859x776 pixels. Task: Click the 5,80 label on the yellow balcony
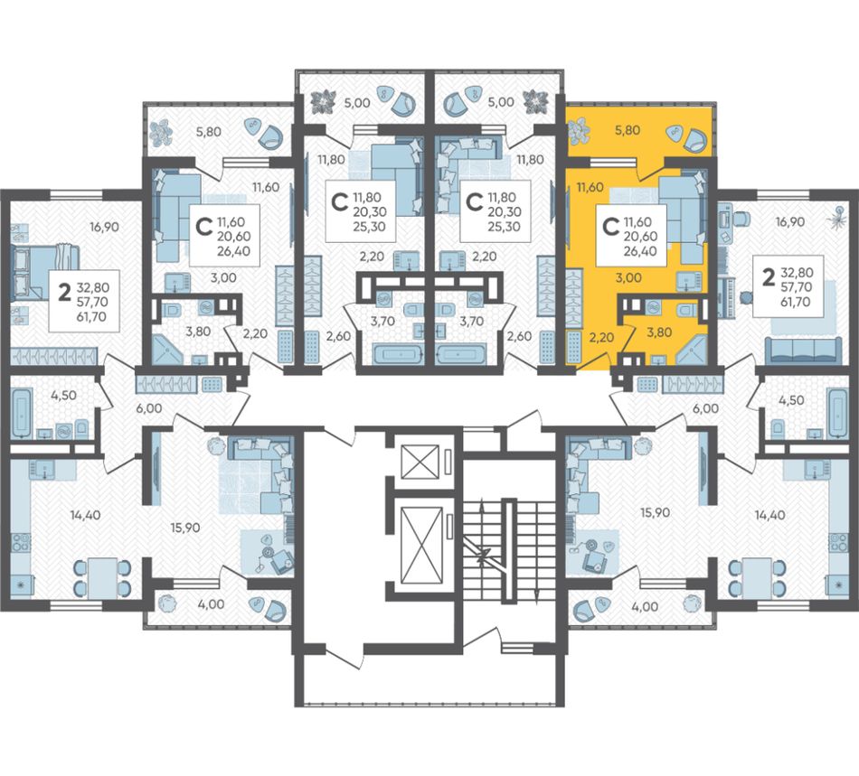click(628, 130)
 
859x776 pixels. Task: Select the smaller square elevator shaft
click(420, 462)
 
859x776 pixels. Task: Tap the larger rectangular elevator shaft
click(421, 545)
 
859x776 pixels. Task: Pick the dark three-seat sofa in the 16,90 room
click(803, 351)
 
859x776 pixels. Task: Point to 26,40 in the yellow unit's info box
click(640, 251)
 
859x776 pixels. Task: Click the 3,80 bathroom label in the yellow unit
click(659, 332)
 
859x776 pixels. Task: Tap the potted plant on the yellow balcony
click(579, 131)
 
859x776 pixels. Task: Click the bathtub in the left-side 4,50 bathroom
click(21, 413)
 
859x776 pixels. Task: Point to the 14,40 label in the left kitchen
click(86, 514)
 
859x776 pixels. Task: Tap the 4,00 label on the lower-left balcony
click(212, 604)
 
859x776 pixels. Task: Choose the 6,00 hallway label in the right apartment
click(705, 408)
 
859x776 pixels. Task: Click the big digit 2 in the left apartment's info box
click(64, 294)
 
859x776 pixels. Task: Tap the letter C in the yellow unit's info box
click(609, 227)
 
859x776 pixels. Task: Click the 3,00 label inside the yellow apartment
click(628, 277)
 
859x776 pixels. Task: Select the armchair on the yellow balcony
click(694, 139)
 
